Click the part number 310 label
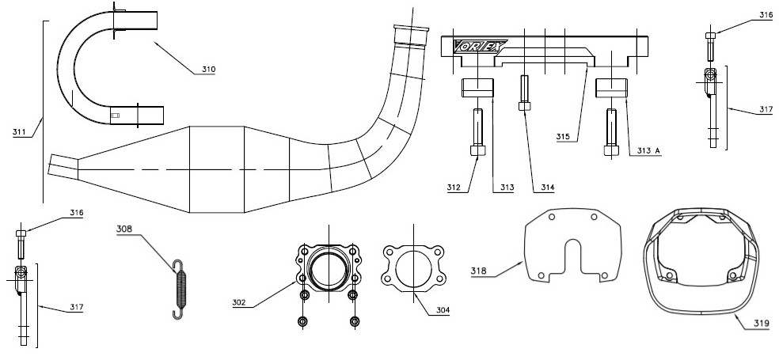click(x=209, y=70)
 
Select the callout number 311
click(x=20, y=131)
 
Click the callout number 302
click(x=239, y=302)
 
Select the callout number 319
click(x=761, y=324)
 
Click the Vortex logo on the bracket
click(x=480, y=47)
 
